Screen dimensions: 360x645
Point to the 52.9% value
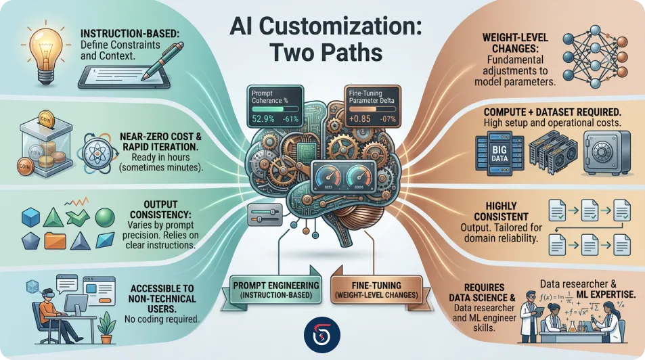coord(263,120)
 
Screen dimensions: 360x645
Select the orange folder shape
coord(53,239)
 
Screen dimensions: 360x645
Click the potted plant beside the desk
coord(105,328)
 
